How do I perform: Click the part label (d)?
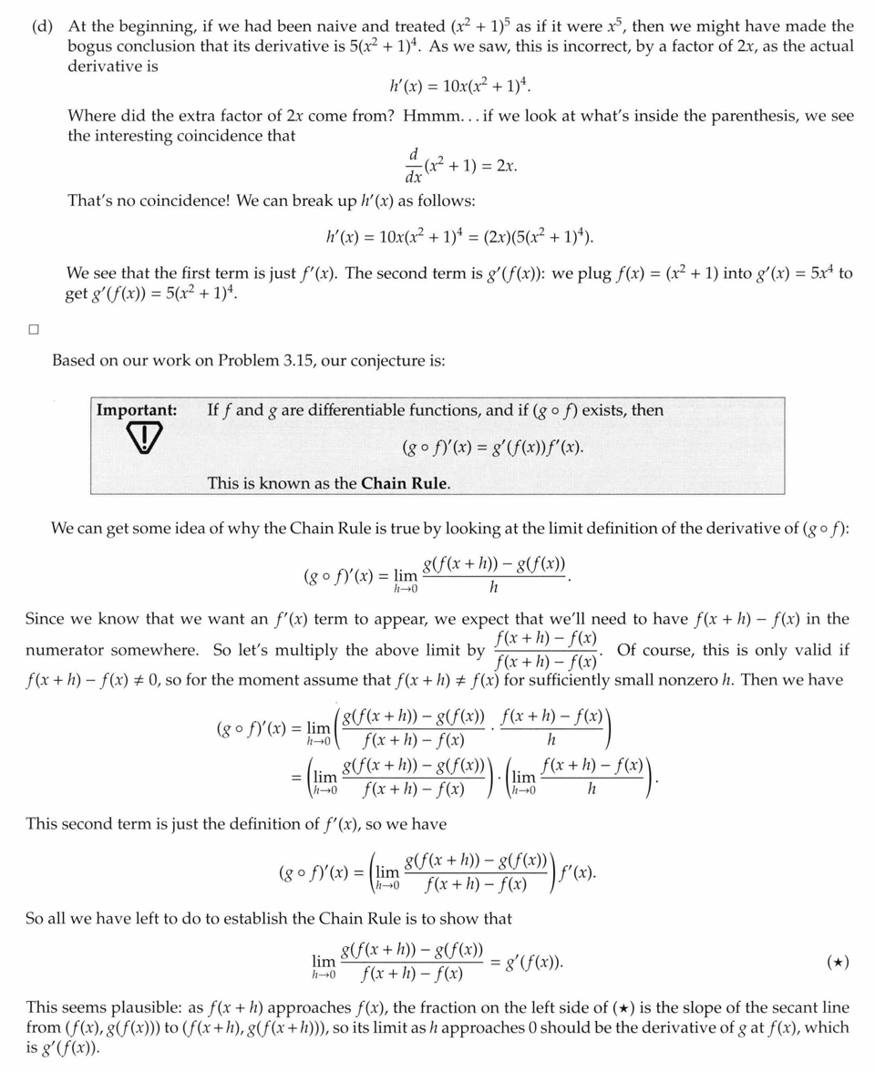pyautogui.click(x=41, y=26)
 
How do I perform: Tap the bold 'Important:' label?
pyautogui.click(x=137, y=410)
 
